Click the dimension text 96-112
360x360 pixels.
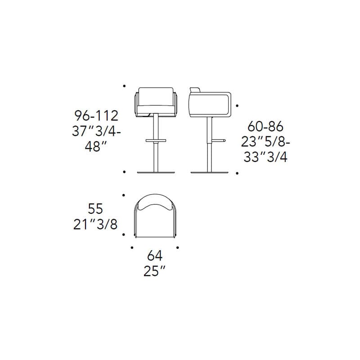click(96, 116)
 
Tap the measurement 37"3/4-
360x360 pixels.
click(96, 131)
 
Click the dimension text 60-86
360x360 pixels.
click(265, 126)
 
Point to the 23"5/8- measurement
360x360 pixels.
click(265, 142)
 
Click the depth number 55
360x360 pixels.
click(95, 209)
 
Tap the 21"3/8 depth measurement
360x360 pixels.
click(95, 224)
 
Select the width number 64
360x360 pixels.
click(155, 256)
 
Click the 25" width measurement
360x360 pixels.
click(154, 271)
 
